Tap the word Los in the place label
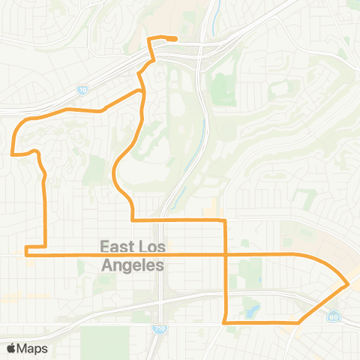[x=153, y=247]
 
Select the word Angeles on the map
[x=132, y=265]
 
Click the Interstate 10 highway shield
[x=81, y=90]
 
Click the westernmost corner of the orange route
[x=11, y=153]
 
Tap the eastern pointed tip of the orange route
[x=347, y=285]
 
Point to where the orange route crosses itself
[x=226, y=255]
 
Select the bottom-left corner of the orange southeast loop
[x=226, y=322]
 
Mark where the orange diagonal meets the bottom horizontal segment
[x=298, y=322]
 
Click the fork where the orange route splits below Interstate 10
[x=141, y=91]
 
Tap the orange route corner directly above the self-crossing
[x=225, y=220]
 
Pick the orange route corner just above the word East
[x=133, y=220]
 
